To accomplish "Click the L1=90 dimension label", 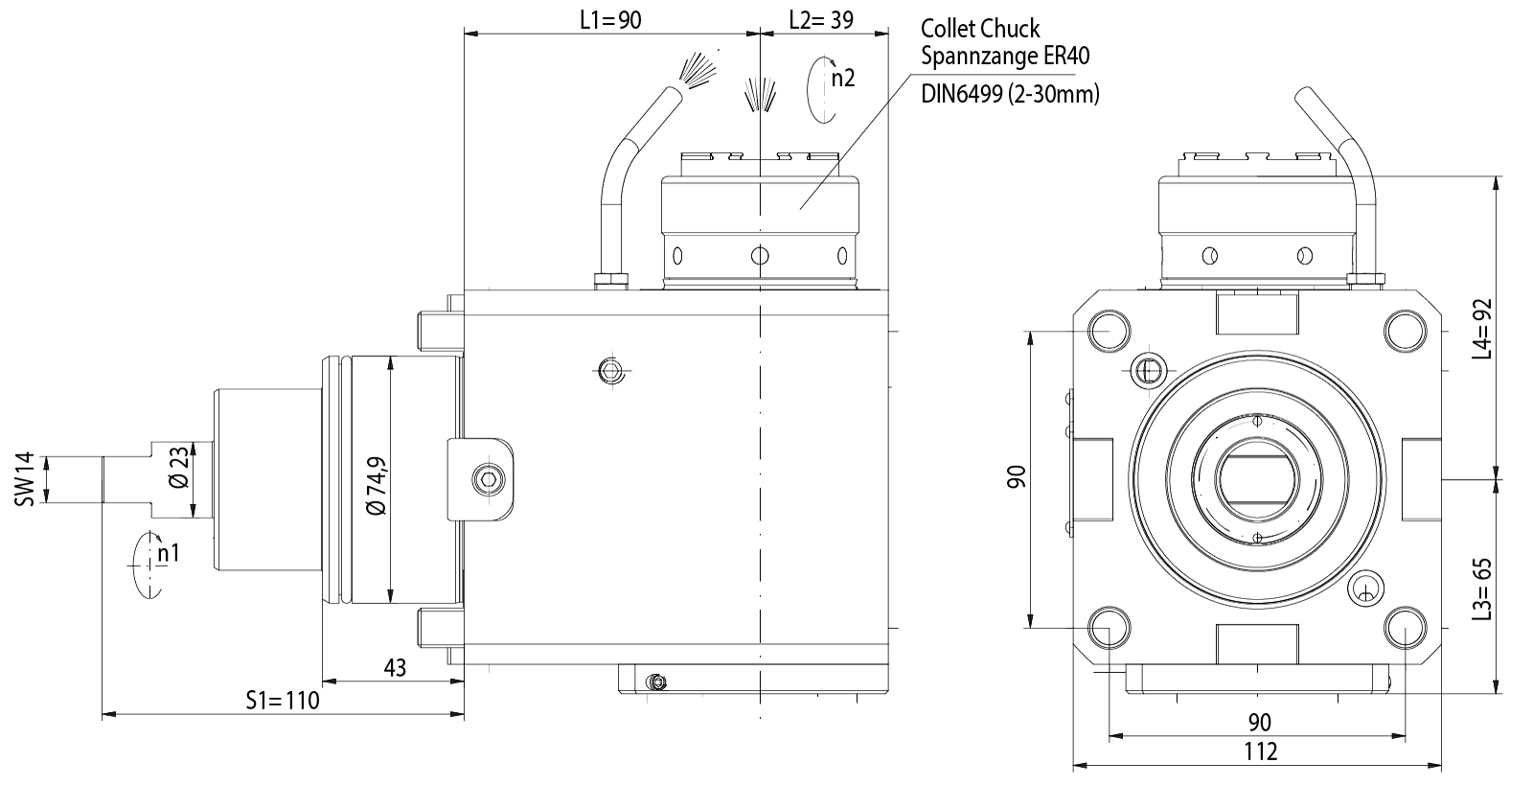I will [610, 20].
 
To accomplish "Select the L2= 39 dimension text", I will [821, 20].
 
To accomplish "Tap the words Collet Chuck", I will [980, 29].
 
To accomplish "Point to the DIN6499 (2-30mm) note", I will [1010, 94].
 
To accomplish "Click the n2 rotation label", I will [842, 79].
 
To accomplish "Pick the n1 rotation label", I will [169, 553].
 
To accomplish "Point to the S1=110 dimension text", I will [282, 701].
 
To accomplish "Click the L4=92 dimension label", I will [1482, 329].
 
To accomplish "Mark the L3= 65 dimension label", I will [1482, 589].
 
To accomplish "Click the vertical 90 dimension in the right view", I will [1017, 476].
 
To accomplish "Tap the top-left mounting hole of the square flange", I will [1109, 331].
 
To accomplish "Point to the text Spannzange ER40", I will [1005, 57].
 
